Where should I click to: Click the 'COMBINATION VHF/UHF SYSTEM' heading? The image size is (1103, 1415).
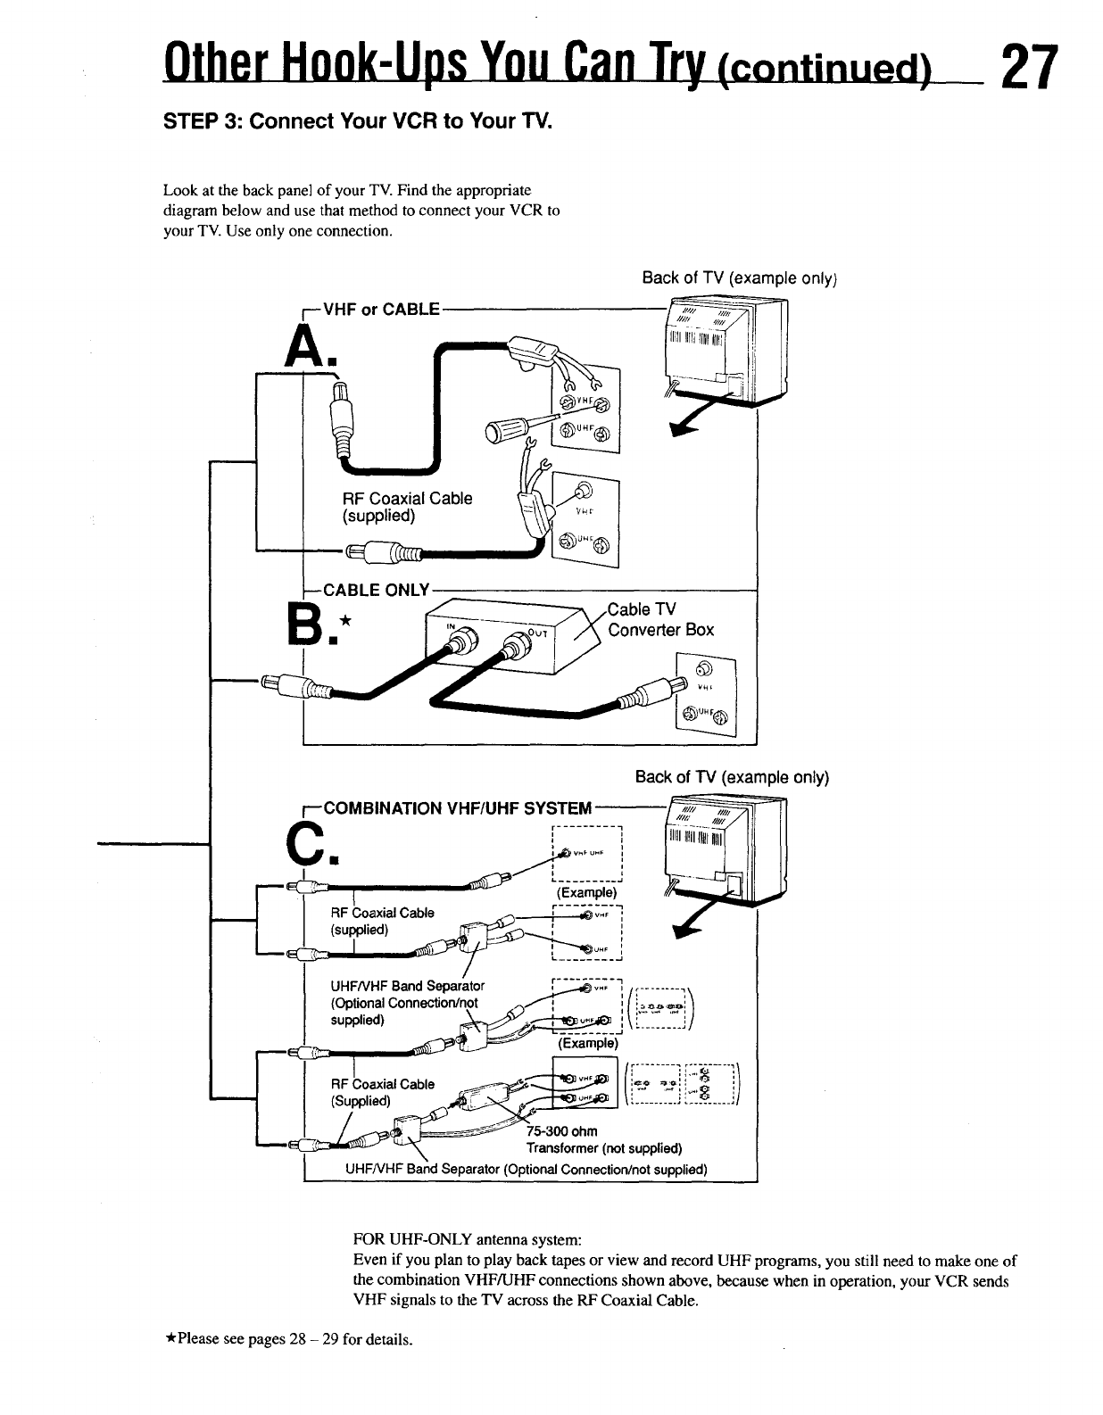tap(457, 808)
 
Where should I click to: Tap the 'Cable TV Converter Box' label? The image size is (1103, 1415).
tap(660, 619)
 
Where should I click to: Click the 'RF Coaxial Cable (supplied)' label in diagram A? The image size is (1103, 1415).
tap(407, 507)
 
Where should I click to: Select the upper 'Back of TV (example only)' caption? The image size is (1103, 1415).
tap(738, 277)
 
